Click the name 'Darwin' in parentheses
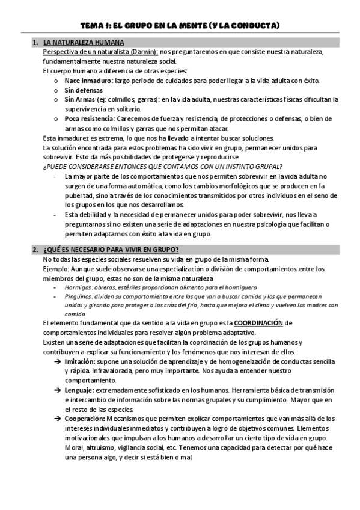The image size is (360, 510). tap(144, 52)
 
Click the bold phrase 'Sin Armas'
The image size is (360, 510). tap(79, 99)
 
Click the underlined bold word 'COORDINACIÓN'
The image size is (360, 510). tap(258, 323)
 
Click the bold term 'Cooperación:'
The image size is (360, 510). tap(84, 419)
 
